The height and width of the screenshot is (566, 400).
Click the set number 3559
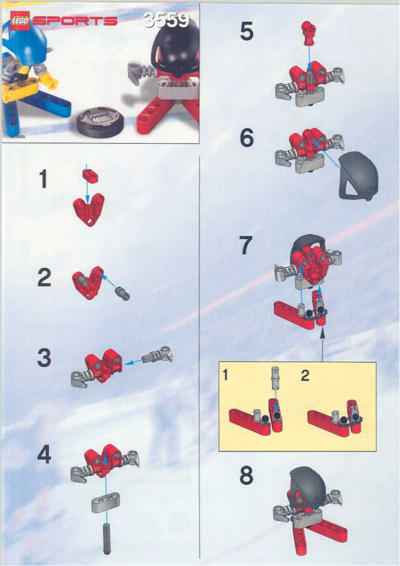click(x=167, y=20)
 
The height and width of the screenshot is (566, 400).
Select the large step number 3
click(x=44, y=358)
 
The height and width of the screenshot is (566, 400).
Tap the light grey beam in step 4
click(x=106, y=505)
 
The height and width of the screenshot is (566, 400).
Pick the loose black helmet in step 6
click(x=358, y=176)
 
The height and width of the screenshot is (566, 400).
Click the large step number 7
click(x=246, y=246)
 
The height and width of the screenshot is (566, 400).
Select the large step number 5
click(x=246, y=31)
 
